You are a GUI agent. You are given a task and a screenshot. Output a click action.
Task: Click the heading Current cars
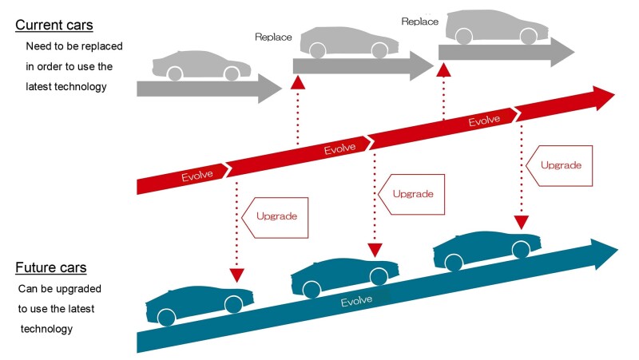[x=54, y=25]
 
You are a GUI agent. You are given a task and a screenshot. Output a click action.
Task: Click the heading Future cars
[x=51, y=267]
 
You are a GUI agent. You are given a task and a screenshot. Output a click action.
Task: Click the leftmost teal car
[x=200, y=302]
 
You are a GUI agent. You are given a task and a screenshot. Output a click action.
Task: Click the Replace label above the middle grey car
[x=273, y=37]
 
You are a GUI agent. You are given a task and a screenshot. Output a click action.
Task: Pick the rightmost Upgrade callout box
[x=558, y=165]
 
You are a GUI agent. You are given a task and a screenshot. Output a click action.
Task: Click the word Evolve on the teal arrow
[x=357, y=302]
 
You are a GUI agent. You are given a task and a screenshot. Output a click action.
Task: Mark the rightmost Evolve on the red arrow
[x=483, y=121]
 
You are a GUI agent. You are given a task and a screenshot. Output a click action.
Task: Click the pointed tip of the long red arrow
[x=613, y=97]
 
